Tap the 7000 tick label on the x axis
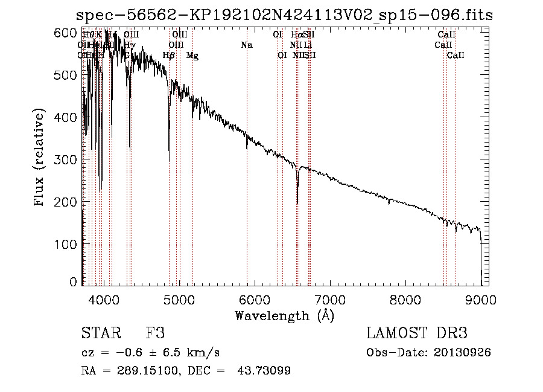pyautogui.click(x=329, y=298)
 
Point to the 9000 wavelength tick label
pyautogui.click(x=480, y=298)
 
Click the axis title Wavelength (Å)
pyautogui.click(x=284, y=315)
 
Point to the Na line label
pyautogui.click(x=246, y=45)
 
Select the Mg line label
pyautogui.click(x=192, y=56)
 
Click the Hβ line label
pyautogui.click(x=169, y=56)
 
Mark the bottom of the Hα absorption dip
pyautogui.click(x=297, y=203)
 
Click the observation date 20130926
pyautogui.click(x=465, y=352)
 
